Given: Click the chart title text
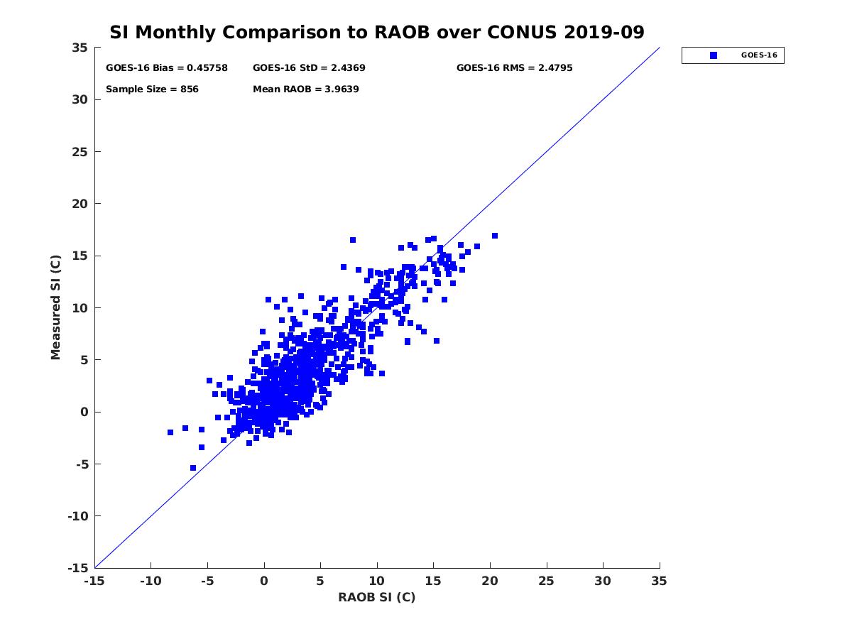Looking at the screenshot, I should pyautogui.click(x=376, y=33).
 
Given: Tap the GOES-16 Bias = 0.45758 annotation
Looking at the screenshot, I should pyautogui.click(x=167, y=68).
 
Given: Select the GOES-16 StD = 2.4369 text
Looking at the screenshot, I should pyautogui.click(x=309, y=68).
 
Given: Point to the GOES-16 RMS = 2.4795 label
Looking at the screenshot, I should pyautogui.click(x=514, y=68).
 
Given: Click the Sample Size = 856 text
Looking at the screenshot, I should pyautogui.click(x=152, y=89).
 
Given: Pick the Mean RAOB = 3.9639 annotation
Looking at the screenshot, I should pyautogui.click(x=305, y=89).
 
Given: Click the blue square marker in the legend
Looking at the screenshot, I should pyautogui.click(x=714, y=55).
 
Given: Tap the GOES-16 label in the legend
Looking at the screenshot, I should pyautogui.click(x=758, y=55).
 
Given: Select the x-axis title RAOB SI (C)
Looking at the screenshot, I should pyautogui.click(x=376, y=597).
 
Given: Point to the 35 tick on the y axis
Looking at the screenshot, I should pyautogui.click(x=80, y=48).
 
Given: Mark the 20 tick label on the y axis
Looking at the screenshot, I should pyautogui.click(x=80, y=204).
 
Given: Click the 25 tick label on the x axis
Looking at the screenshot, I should pyautogui.click(x=547, y=581).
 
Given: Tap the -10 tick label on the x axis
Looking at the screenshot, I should pyautogui.click(x=151, y=581).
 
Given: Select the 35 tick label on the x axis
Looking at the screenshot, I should pyautogui.click(x=660, y=581).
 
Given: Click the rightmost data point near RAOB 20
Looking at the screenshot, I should pyautogui.click(x=495, y=236).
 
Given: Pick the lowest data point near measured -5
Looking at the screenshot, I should pyautogui.click(x=193, y=468).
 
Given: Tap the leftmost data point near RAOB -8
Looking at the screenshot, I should pyautogui.click(x=170, y=432).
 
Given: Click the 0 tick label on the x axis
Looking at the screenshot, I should pyautogui.click(x=264, y=581).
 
